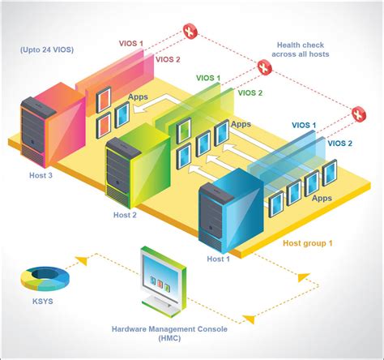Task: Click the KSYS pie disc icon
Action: (x=45, y=279)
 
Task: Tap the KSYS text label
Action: (x=41, y=309)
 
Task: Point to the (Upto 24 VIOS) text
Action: (x=47, y=50)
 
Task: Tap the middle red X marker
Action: (x=264, y=69)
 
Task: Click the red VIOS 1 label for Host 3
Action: (x=130, y=44)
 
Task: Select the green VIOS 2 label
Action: (x=250, y=93)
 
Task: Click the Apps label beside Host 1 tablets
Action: (x=322, y=197)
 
